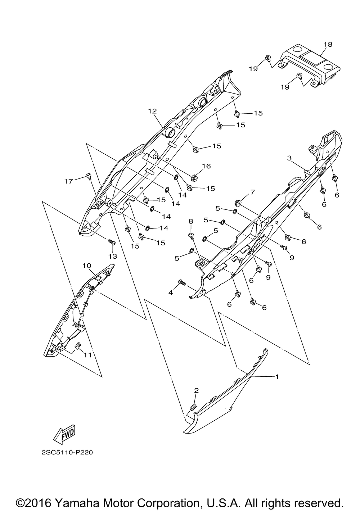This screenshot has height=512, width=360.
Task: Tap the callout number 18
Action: pyautogui.click(x=328, y=44)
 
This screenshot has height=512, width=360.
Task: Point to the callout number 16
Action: pyautogui.click(x=206, y=166)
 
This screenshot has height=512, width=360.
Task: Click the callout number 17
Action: pyautogui.click(x=68, y=181)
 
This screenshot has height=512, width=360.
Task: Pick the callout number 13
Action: pyautogui.click(x=113, y=256)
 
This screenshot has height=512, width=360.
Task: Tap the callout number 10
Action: pyautogui.click(x=87, y=266)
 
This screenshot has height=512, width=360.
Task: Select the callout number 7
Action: pyautogui.click(x=252, y=192)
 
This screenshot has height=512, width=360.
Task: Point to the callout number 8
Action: pyautogui.click(x=191, y=221)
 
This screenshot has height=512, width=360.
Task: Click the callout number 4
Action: pyautogui.click(x=171, y=292)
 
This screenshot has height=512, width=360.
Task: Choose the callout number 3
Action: pyautogui.click(x=289, y=158)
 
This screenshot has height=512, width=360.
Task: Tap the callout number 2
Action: pyautogui.click(x=196, y=390)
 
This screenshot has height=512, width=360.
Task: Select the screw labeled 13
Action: pyautogui.click(x=111, y=241)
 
